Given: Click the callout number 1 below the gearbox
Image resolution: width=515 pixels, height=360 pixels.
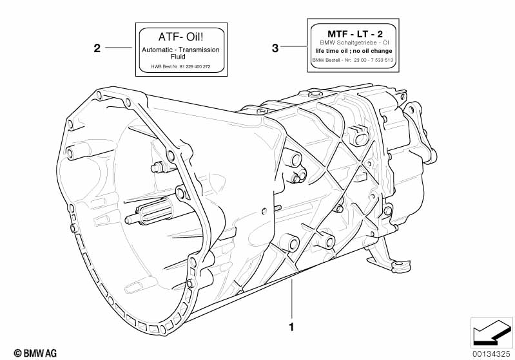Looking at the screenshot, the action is (x=291, y=327).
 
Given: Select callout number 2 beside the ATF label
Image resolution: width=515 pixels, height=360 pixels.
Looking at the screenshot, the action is (x=97, y=48).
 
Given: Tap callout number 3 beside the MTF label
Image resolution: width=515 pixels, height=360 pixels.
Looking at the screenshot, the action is (x=275, y=48).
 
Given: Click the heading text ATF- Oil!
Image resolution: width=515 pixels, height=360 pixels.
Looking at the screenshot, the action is (x=180, y=37).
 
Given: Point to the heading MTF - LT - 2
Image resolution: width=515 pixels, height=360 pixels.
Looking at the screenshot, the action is (x=355, y=33).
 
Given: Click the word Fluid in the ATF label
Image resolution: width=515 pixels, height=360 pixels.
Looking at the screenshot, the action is (x=178, y=57).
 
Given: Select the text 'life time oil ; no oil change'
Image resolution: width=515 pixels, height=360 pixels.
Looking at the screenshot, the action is (x=354, y=51).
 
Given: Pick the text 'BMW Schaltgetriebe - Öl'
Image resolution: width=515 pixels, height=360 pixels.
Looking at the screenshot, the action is (x=355, y=43).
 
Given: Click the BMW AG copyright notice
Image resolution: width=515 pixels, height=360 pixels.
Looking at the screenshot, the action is (x=35, y=353).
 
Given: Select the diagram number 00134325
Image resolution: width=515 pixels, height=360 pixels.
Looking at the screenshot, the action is (x=491, y=354).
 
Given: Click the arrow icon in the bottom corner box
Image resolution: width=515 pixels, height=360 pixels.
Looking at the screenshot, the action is (x=490, y=333).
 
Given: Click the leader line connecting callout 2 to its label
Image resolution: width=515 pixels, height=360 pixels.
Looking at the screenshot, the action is (x=118, y=48).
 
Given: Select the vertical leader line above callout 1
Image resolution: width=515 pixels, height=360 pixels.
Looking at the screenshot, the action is (x=291, y=299).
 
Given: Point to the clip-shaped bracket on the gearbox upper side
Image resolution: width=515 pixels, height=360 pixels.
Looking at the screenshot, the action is (x=358, y=135).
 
